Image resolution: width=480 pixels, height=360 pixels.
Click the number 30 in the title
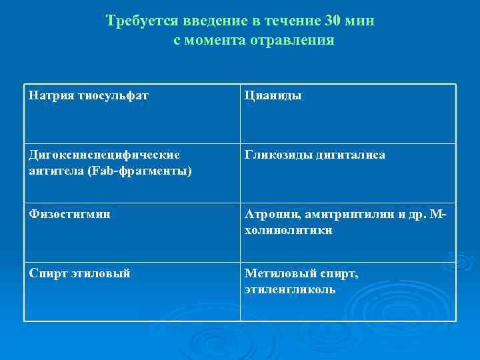tap(332, 21)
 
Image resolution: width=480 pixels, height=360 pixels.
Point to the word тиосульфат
tap(113, 96)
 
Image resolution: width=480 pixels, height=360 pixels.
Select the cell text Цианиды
tap(273, 96)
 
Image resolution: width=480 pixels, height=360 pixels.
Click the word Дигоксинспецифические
tap(103, 155)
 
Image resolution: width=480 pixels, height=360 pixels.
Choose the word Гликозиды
tap(275, 155)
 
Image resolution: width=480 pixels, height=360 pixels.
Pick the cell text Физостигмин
tap(69, 215)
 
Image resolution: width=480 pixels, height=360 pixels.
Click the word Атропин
tap(270, 215)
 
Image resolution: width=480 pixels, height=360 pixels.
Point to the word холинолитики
tap(289, 231)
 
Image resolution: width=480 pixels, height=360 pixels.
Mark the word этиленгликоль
tap(290, 290)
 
